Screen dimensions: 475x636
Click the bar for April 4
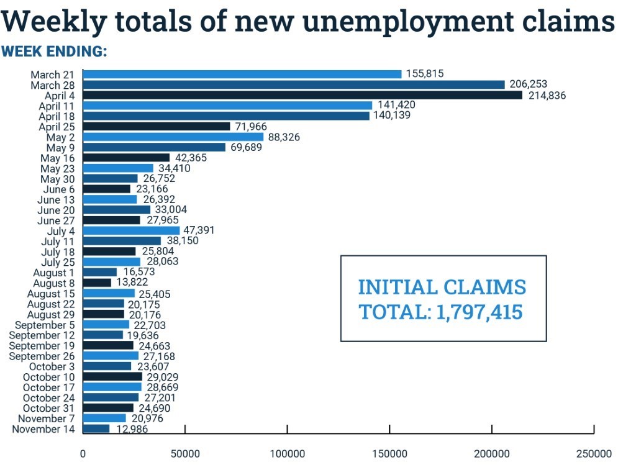[302, 95]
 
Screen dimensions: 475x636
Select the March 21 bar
[242, 74]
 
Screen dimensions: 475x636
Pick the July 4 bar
[131, 230]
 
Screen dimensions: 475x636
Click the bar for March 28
[294, 84]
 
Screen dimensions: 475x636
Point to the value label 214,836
[547, 95]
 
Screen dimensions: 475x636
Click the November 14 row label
[45, 429]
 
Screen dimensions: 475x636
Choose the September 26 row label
[43, 356]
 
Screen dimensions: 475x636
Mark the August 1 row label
[55, 273]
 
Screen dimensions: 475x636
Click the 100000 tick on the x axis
[288, 454]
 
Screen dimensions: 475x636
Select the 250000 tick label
[594, 454]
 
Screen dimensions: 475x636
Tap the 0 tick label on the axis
[83, 454]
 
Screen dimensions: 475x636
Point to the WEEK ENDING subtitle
[55, 52]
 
